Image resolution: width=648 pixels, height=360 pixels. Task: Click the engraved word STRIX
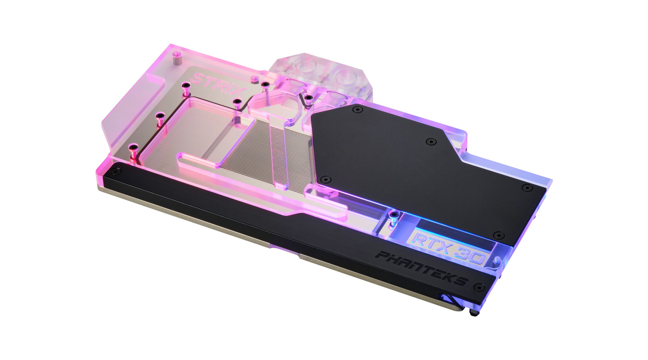click(220, 83)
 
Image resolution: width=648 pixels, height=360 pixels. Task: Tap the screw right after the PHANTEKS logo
click(479, 287)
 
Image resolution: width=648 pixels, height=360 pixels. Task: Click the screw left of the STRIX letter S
click(186, 86)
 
